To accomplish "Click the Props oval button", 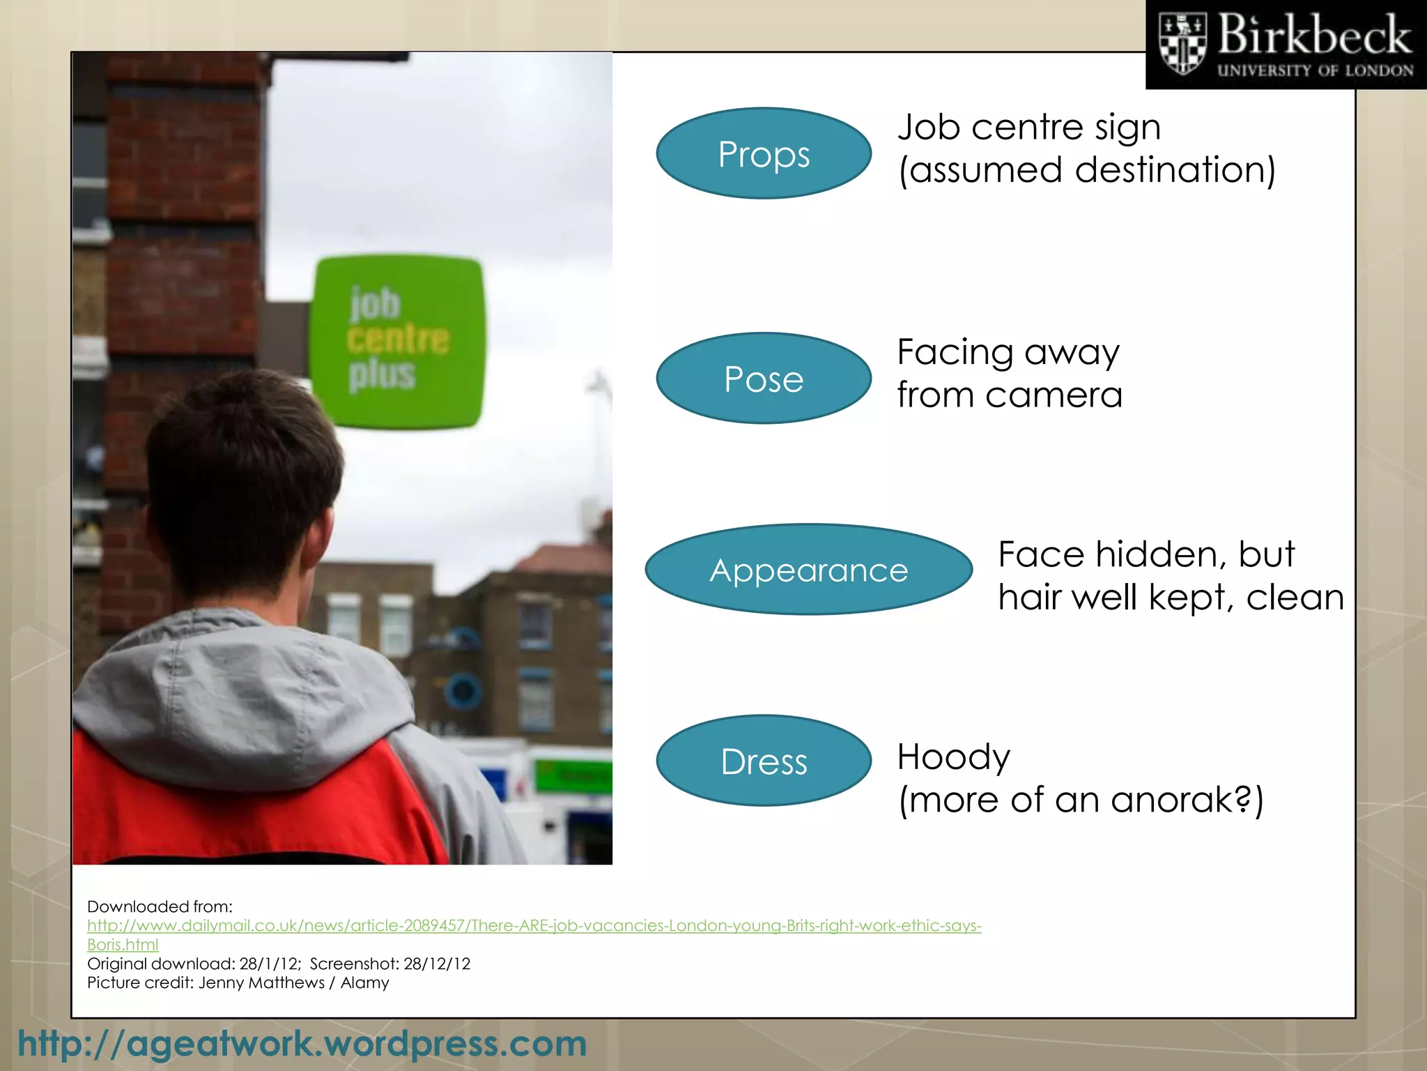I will (x=764, y=153).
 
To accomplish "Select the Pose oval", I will (x=764, y=379).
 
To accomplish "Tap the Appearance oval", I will (x=808, y=570).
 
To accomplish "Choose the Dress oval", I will (x=764, y=761).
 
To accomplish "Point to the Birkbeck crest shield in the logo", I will (x=1182, y=44).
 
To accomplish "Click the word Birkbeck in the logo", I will (x=1314, y=35).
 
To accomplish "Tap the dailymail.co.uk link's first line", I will (x=534, y=925).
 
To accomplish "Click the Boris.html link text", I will (x=123, y=945).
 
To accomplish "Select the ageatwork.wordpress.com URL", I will (x=302, y=1044).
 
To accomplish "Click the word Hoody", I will (x=953, y=757).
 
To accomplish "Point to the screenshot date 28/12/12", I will (x=437, y=964).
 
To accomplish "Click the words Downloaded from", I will (x=160, y=906).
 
